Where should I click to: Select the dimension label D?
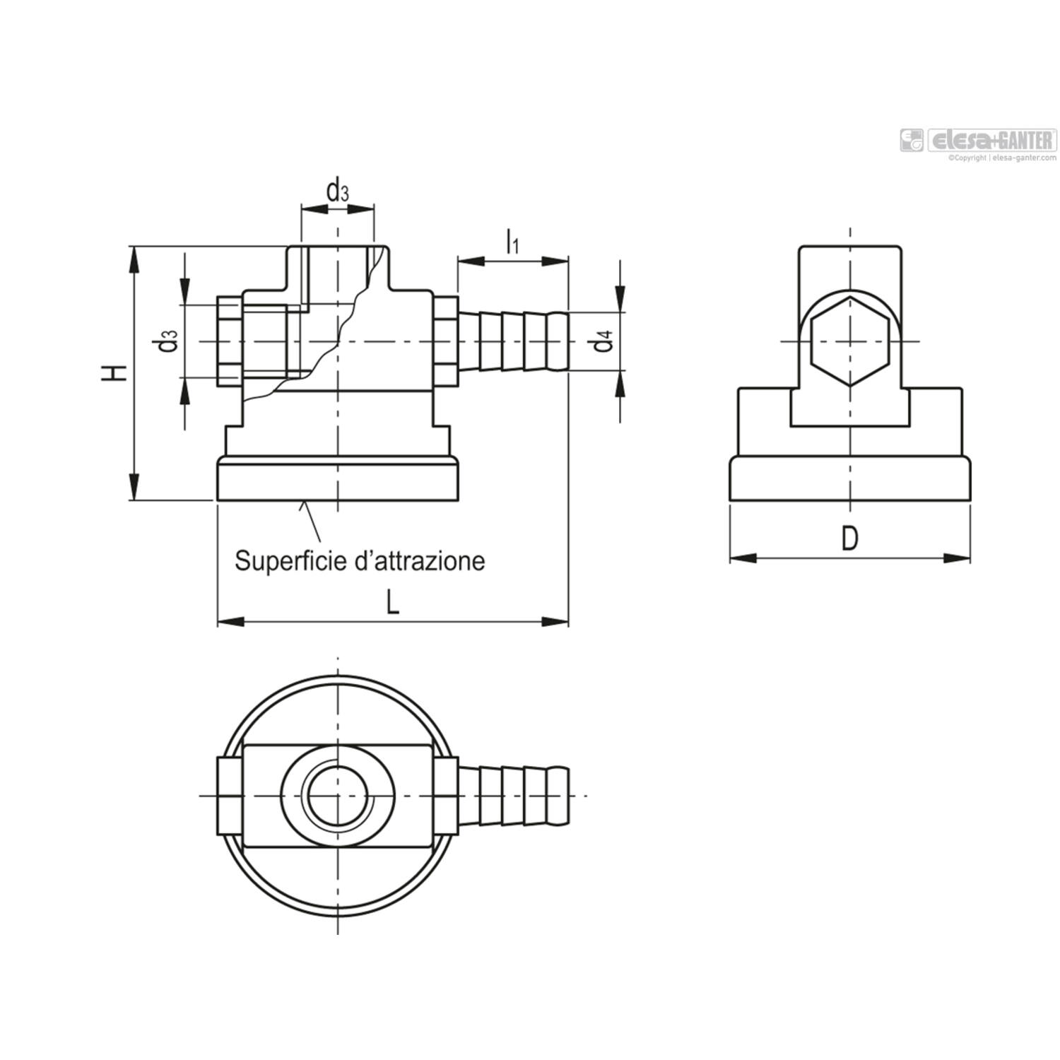[849, 539]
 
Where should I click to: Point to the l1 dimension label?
[512, 242]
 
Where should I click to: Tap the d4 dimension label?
[603, 341]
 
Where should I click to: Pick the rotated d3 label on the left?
[167, 341]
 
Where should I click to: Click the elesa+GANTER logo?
[978, 140]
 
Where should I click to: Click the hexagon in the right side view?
[849, 342]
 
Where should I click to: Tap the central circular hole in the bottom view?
[337, 796]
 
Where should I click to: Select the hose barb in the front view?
[514, 341]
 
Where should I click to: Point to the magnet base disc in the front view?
[338, 479]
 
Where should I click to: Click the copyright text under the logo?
[1002, 158]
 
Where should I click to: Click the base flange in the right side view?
[849, 480]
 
